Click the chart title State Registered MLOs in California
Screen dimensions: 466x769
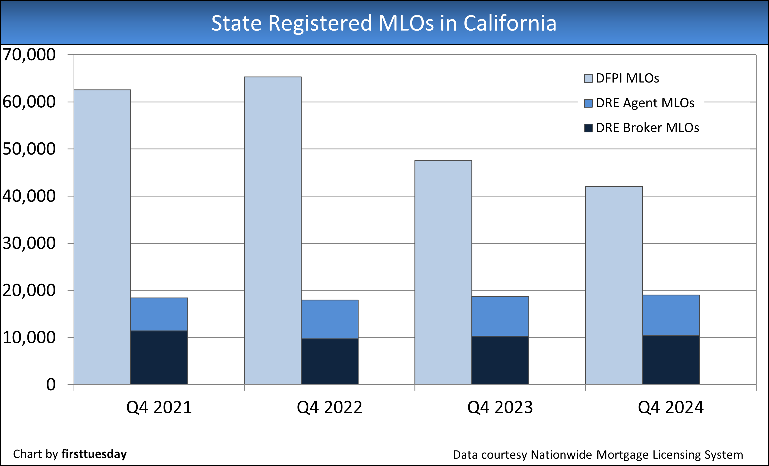384,23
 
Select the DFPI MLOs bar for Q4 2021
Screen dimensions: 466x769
102,237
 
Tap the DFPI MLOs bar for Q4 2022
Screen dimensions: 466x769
272,231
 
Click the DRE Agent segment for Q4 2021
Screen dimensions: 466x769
159,314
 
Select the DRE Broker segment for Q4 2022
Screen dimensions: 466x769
330,362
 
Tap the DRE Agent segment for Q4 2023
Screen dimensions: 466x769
500,316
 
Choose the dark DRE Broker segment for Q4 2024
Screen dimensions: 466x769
671,360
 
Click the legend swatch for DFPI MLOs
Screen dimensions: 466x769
588,78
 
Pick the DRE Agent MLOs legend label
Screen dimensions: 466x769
645,103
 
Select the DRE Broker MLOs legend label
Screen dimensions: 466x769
647,128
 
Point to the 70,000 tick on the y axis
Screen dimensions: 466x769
29,55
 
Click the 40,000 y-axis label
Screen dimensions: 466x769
29,196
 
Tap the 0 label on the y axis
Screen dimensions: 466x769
51,385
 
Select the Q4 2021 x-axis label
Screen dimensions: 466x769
159,407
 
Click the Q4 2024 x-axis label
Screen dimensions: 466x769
671,407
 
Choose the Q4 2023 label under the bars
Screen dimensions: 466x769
500,407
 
